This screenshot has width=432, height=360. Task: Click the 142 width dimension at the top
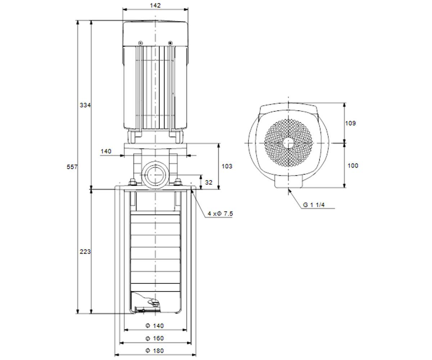(x=155, y=5)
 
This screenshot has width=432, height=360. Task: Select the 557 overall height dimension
(x=72, y=167)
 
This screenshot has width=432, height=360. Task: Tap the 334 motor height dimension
(x=85, y=105)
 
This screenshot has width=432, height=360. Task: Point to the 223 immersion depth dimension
(x=85, y=252)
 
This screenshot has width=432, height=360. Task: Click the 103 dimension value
(x=227, y=166)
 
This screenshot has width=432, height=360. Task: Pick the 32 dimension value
(x=208, y=182)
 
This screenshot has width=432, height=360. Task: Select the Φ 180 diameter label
(x=154, y=351)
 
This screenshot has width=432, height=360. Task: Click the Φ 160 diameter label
(x=154, y=338)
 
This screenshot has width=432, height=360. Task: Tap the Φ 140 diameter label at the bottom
(x=154, y=326)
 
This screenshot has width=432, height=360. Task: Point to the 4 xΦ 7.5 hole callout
(x=220, y=213)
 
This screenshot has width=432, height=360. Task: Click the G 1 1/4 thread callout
(x=314, y=205)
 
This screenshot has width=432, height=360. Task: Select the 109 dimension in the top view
(x=351, y=123)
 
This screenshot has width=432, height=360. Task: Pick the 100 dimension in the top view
(x=353, y=166)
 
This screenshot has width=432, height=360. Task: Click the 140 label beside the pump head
(x=106, y=151)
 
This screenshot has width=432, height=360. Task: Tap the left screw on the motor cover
(x=140, y=43)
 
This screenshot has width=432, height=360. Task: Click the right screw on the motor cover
(x=170, y=43)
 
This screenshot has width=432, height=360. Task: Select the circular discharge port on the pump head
(x=155, y=175)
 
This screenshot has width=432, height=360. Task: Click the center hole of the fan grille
(x=288, y=143)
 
